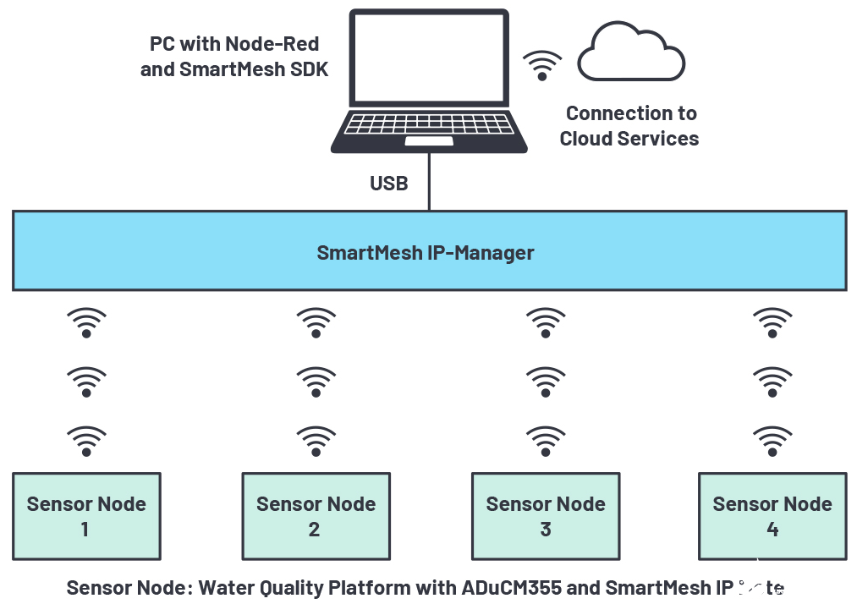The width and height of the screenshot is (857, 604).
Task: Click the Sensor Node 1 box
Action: point(86,516)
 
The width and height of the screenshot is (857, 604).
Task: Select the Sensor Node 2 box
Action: point(316,516)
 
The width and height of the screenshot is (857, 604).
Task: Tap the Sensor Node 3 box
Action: point(545,516)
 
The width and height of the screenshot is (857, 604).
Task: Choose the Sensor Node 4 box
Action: point(772,516)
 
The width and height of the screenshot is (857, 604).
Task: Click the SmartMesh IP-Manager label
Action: point(426,252)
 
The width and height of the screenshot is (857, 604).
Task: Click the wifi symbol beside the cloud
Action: point(541,66)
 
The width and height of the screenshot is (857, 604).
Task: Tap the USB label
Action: point(388,183)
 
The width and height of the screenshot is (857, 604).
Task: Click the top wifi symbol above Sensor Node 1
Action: point(86,322)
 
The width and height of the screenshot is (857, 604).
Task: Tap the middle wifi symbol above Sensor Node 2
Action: point(316,382)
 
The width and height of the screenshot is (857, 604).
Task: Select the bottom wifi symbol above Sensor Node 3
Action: point(545,440)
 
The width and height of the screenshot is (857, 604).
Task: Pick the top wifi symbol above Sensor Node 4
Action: point(772,322)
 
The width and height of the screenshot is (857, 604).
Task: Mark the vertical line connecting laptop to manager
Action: point(429,183)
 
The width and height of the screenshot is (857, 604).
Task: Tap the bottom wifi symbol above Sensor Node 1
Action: point(86,440)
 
